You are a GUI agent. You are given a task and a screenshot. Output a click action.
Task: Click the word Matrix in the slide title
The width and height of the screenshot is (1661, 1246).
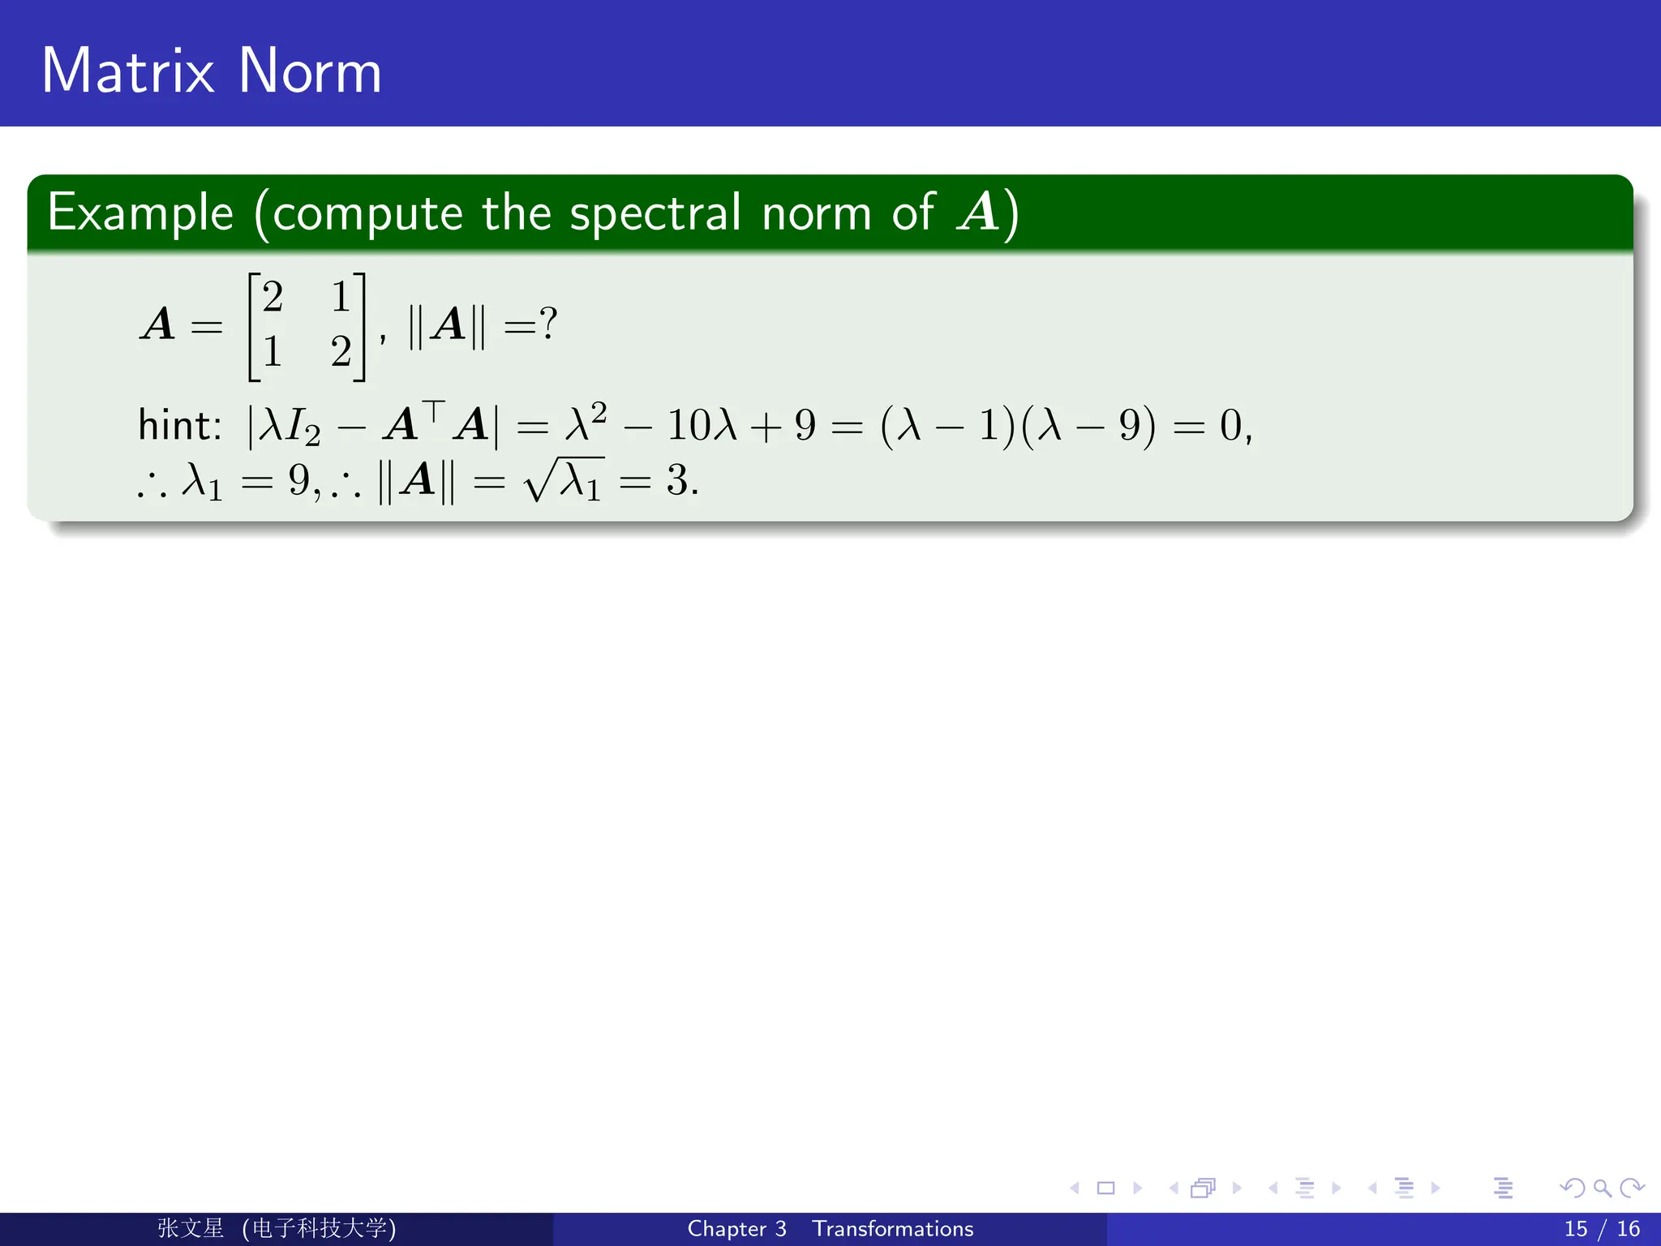[x=127, y=71]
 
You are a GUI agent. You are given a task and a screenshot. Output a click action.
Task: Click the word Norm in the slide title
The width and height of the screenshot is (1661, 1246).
[x=310, y=71]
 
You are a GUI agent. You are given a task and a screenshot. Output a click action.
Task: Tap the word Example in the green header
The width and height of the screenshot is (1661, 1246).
[x=140, y=213]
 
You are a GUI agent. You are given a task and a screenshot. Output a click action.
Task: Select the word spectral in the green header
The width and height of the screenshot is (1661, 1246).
[x=655, y=213]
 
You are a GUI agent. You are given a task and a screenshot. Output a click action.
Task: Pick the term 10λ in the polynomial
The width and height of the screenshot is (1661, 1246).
[x=702, y=425]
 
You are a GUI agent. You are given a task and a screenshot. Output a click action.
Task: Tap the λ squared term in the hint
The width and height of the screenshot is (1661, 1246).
[x=586, y=422]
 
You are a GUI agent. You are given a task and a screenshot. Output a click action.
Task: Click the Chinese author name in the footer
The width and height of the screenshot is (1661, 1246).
[x=191, y=1228]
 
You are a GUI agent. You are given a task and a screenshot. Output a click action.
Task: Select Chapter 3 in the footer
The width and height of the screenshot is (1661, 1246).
[x=736, y=1229]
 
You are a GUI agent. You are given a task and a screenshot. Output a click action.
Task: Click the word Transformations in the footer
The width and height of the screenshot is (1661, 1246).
[x=893, y=1229]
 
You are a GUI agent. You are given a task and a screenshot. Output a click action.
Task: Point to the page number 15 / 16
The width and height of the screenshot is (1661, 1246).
[x=1602, y=1229]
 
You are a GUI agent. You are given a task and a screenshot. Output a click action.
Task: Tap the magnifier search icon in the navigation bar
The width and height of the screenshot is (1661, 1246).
[x=1603, y=1188]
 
